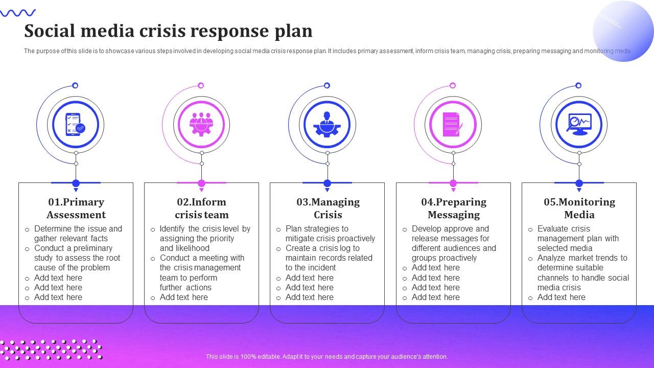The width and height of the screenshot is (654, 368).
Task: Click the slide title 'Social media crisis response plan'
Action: tap(168, 31)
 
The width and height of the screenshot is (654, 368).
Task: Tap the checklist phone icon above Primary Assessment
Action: tap(76, 124)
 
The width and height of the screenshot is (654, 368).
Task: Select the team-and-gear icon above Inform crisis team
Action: tap(201, 124)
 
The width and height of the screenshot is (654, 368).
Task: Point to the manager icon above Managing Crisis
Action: tap(327, 124)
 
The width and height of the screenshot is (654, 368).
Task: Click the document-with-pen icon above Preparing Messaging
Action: tap(453, 124)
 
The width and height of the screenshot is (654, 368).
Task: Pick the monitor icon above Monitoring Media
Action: tap(579, 124)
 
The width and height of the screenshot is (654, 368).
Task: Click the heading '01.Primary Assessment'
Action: tap(76, 208)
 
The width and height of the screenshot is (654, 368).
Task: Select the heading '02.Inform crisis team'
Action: tap(202, 208)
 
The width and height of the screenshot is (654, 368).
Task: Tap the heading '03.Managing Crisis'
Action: tap(328, 208)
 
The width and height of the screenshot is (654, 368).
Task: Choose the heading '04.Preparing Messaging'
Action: tap(454, 208)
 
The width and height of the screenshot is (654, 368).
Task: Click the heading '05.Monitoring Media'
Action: tap(579, 208)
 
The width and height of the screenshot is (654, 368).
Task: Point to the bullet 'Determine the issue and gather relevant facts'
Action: tap(78, 234)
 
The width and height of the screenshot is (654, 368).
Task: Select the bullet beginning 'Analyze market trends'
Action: tap(583, 272)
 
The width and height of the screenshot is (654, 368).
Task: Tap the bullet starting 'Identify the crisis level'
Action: tap(204, 238)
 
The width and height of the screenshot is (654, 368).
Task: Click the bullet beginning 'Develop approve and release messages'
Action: tap(454, 243)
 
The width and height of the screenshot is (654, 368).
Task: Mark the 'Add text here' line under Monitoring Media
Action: tap(561, 297)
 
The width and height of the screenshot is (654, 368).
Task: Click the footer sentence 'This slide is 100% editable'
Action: tap(327, 357)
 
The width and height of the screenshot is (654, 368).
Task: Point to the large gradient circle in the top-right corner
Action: tap(623, 31)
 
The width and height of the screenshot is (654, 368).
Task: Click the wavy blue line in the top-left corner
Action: tap(18, 13)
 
